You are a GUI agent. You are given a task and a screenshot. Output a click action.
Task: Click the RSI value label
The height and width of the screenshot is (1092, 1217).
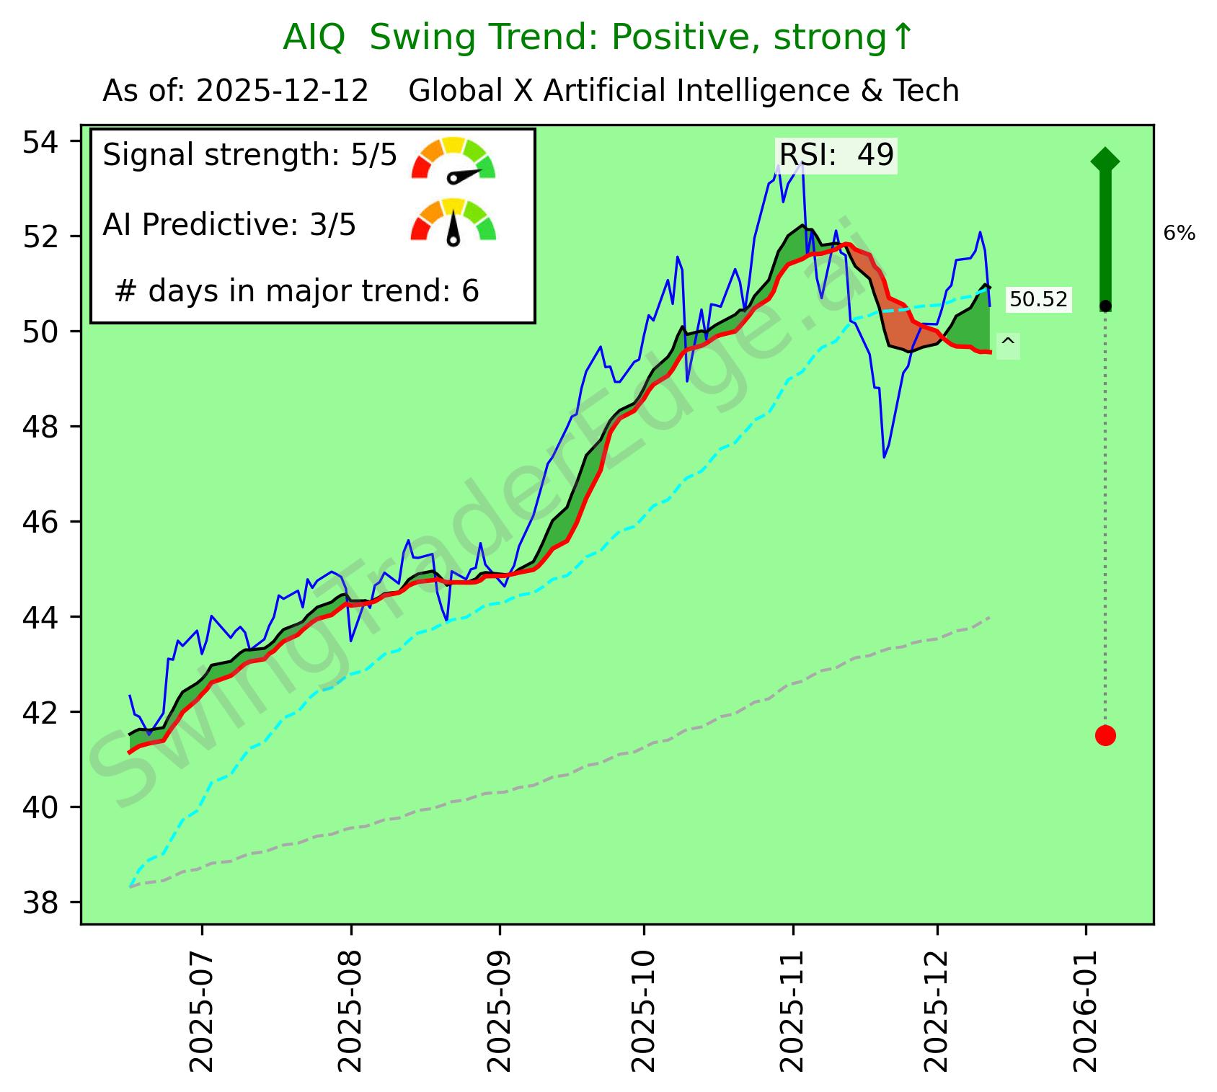tap(836, 155)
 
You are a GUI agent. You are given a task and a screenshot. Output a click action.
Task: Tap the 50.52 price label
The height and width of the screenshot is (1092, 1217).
tap(1038, 299)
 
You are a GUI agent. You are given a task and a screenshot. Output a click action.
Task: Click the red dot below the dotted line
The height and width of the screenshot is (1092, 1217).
tap(1105, 735)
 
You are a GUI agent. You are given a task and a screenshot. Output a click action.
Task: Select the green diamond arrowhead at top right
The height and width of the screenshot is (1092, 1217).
tap(1105, 160)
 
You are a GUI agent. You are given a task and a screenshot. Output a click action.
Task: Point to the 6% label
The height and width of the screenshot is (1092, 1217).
tap(1180, 234)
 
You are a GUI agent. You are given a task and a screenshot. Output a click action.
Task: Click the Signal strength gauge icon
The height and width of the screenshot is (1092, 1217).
tap(453, 159)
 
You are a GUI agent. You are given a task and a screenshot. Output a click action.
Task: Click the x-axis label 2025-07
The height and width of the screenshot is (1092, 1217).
tap(203, 1009)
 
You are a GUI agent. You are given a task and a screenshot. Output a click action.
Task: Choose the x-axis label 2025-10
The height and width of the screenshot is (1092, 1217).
tap(644, 1009)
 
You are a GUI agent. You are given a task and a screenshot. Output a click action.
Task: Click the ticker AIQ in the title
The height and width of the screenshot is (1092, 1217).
tap(314, 37)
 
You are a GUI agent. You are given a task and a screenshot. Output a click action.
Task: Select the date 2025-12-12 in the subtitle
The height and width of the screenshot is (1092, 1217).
tap(283, 92)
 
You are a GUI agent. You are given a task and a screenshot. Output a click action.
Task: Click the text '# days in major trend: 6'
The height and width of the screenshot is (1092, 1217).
tap(296, 291)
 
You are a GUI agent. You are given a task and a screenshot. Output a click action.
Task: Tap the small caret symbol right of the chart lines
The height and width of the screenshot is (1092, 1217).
tap(1008, 344)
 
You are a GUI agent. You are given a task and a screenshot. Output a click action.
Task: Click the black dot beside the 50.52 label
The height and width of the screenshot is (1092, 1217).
tap(1105, 306)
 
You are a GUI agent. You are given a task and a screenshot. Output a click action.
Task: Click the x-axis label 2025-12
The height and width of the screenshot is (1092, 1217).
tap(937, 1009)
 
